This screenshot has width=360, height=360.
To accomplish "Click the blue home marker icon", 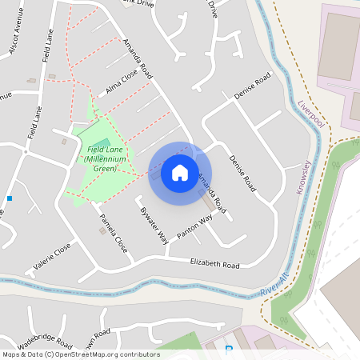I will click(x=180, y=172).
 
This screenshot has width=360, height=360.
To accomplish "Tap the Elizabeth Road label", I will click(x=214, y=264).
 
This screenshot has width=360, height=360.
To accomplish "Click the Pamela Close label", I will click(x=114, y=233).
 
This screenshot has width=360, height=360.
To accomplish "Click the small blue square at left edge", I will click(x=10, y=198).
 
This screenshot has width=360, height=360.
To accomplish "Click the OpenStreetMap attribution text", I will click(x=80, y=354).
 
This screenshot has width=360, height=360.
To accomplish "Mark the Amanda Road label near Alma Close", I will click(x=137, y=61).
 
